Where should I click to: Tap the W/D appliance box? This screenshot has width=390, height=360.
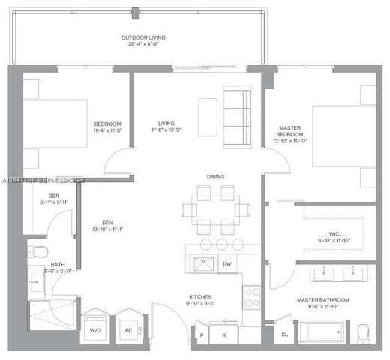tap(96, 328)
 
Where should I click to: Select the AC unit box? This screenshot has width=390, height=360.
tap(127, 328)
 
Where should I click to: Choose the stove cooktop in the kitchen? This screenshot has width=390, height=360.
tap(251, 295)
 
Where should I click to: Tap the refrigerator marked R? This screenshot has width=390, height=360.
tap(223, 333)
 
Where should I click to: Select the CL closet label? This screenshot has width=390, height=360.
tap(284, 334)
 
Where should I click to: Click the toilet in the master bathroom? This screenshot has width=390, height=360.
tap(364, 331)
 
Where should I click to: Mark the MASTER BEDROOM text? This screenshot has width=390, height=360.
tap(289, 133)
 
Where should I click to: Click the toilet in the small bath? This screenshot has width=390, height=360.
tap(37, 250)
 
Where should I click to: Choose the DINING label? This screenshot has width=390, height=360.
tap(216, 177)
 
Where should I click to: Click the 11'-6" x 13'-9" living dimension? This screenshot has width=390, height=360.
tap(166, 131)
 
